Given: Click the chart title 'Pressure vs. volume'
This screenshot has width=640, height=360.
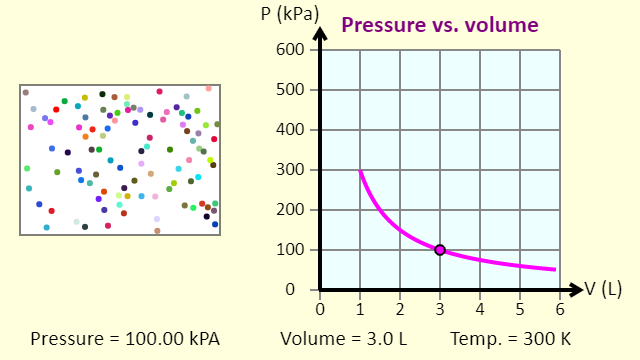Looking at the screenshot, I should (440, 25).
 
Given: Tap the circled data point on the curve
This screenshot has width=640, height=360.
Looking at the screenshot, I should (440, 250).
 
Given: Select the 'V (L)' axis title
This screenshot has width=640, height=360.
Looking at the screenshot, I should (604, 290).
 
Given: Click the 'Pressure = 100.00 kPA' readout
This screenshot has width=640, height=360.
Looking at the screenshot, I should (125, 338).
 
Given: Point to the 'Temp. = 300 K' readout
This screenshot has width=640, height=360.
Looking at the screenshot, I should (510, 338).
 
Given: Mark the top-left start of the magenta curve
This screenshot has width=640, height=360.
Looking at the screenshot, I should (360, 171).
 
